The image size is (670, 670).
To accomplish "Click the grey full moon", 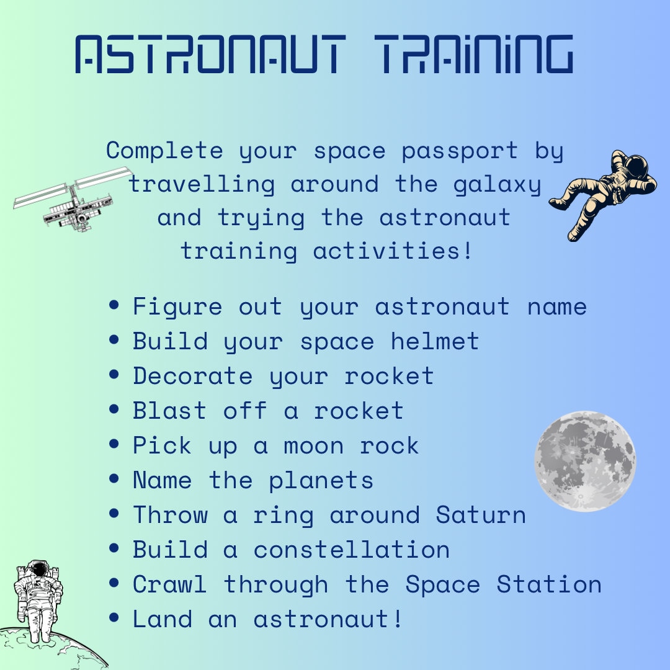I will click(x=585, y=461).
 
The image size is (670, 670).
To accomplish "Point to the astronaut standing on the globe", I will click(x=38, y=599).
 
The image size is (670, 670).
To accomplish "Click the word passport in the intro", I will click(x=460, y=151).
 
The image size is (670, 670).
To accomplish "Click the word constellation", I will click(x=352, y=550).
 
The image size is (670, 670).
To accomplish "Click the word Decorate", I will click(x=193, y=376).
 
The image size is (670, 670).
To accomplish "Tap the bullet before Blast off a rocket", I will click(x=114, y=410).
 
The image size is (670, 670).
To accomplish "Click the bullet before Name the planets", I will click(x=114, y=480).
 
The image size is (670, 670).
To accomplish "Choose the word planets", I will click(x=321, y=481).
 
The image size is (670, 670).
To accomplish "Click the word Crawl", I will click(x=169, y=584).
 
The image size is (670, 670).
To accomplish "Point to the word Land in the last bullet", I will click(x=163, y=619).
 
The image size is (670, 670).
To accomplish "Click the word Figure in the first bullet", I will click(x=177, y=307).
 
